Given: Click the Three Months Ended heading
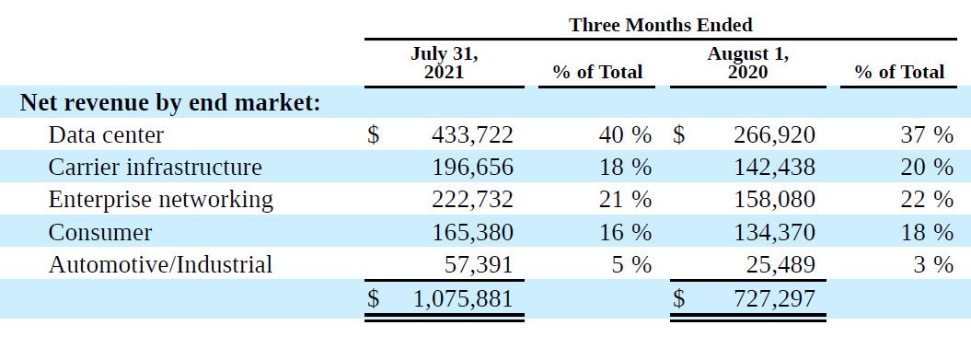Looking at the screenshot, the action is click(x=661, y=25).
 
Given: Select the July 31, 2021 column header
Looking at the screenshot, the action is click(x=444, y=62).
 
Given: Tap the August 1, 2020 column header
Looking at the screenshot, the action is click(x=747, y=62).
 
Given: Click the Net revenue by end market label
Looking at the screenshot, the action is click(x=170, y=102).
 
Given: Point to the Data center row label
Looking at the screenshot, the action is click(x=106, y=134).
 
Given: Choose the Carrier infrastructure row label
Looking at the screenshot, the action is click(x=155, y=167).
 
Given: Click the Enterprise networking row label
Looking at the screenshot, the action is click(x=160, y=200).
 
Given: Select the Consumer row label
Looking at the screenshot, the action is click(x=99, y=232).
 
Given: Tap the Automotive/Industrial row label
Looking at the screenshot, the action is click(x=160, y=264).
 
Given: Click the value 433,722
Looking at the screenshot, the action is click(x=472, y=134).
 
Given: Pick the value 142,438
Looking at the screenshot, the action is click(x=775, y=168).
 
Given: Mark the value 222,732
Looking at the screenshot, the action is click(x=472, y=200).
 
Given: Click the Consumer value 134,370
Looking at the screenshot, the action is click(x=775, y=232).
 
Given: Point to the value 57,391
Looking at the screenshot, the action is click(x=479, y=264).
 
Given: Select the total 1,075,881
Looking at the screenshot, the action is click(x=463, y=298).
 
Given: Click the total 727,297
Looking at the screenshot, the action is click(x=775, y=298).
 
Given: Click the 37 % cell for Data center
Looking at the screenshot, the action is click(x=927, y=134).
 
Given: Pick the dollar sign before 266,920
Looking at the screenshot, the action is click(x=679, y=134).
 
